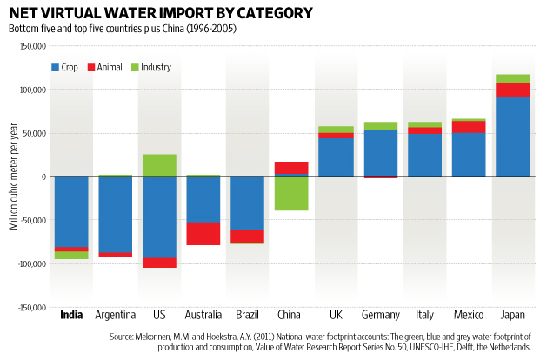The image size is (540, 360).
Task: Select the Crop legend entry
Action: [66, 67]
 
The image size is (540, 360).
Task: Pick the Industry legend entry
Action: [150, 67]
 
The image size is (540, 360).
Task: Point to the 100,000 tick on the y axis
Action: [30, 90]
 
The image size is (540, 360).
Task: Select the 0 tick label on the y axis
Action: [42, 177]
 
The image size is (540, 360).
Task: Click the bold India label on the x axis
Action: [71, 315]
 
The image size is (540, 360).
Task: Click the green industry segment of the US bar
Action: [159, 165]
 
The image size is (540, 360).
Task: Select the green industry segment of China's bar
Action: [290, 193]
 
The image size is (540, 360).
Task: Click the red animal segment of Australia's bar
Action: [203, 233]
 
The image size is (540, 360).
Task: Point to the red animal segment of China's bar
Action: [290, 168]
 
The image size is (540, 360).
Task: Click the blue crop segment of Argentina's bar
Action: [115, 214]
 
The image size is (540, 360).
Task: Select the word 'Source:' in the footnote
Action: [125, 336]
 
